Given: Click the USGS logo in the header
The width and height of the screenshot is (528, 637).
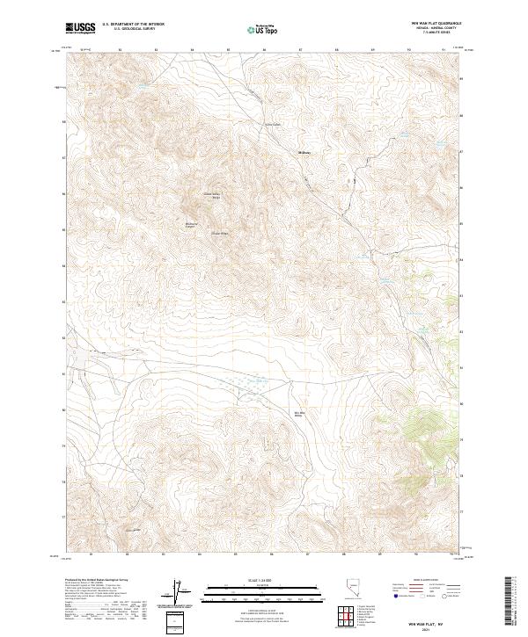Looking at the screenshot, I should click(80, 29).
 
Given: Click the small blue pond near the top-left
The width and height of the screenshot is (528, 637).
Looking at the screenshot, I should click(139, 86).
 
